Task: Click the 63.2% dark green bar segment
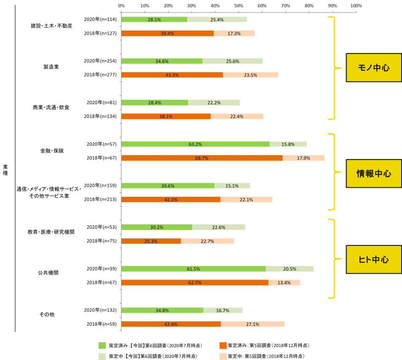[x=195, y=144]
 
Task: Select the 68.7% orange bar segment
[x=202, y=158]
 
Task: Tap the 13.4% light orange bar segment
[x=284, y=282]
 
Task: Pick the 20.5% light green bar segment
[x=290, y=269]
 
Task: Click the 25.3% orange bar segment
[x=151, y=241]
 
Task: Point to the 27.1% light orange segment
[x=253, y=324]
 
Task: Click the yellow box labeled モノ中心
[x=374, y=68]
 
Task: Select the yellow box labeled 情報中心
[x=374, y=174]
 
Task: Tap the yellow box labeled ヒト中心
[x=374, y=260]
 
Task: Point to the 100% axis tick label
[x=356, y=6]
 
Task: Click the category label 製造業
[x=51, y=67]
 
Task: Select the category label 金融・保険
[x=52, y=151]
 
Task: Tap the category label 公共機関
[x=48, y=273]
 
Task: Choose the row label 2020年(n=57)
[x=102, y=144]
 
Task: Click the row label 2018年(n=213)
[x=100, y=199]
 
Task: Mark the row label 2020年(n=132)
[x=100, y=310]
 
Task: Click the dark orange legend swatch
[x=223, y=345]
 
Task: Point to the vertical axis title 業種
[x=6, y=170]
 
